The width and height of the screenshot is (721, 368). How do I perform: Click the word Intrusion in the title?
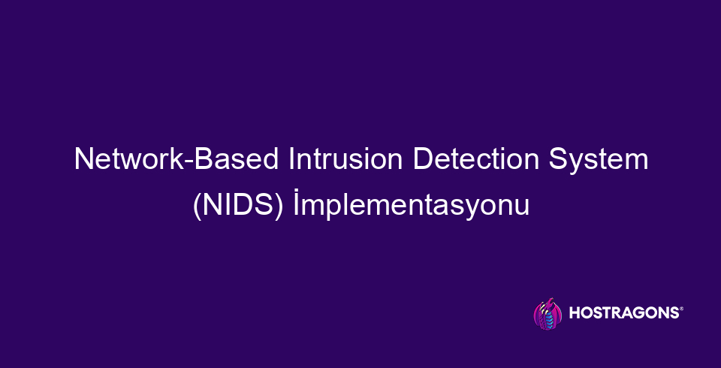(x=345, y=159)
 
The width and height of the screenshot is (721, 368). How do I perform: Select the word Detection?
(x=476, y=159)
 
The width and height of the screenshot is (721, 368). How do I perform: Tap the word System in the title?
(x=599, y=161)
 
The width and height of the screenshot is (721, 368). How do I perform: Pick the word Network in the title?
(x=130, y=159)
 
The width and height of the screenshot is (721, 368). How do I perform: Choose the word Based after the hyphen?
(x=237, y=159)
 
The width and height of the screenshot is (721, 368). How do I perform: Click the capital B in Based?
(x=204, y=159)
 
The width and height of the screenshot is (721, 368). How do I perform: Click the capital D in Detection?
(x=424, y=159)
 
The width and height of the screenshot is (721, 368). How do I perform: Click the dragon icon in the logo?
(x=548, y=314)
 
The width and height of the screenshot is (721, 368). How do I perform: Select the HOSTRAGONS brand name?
(x=624, y=312)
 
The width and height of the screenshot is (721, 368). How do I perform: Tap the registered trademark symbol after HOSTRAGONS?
(x=681, y=309)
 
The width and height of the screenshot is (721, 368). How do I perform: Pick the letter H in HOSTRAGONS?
(x=575, y=312)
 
